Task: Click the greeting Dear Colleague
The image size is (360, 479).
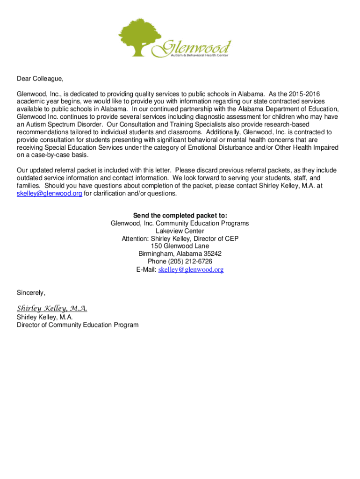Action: point(39,79)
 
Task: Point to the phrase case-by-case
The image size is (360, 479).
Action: point(45,155)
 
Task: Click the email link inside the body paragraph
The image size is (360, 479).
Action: point(49,193)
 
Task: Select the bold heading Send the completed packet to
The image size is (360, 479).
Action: point(180,216)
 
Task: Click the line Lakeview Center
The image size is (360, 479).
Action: point(180,231)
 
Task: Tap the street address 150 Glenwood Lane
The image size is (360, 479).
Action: point(180,246)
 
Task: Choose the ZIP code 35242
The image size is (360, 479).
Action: point(212,254)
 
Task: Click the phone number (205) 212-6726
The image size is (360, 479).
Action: point(192,261)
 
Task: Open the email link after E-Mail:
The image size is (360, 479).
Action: point(191,269)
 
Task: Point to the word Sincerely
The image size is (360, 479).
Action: point(31,293)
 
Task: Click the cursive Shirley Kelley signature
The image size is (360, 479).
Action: point(52,308)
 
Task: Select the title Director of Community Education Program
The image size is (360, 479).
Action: point(78,325)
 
